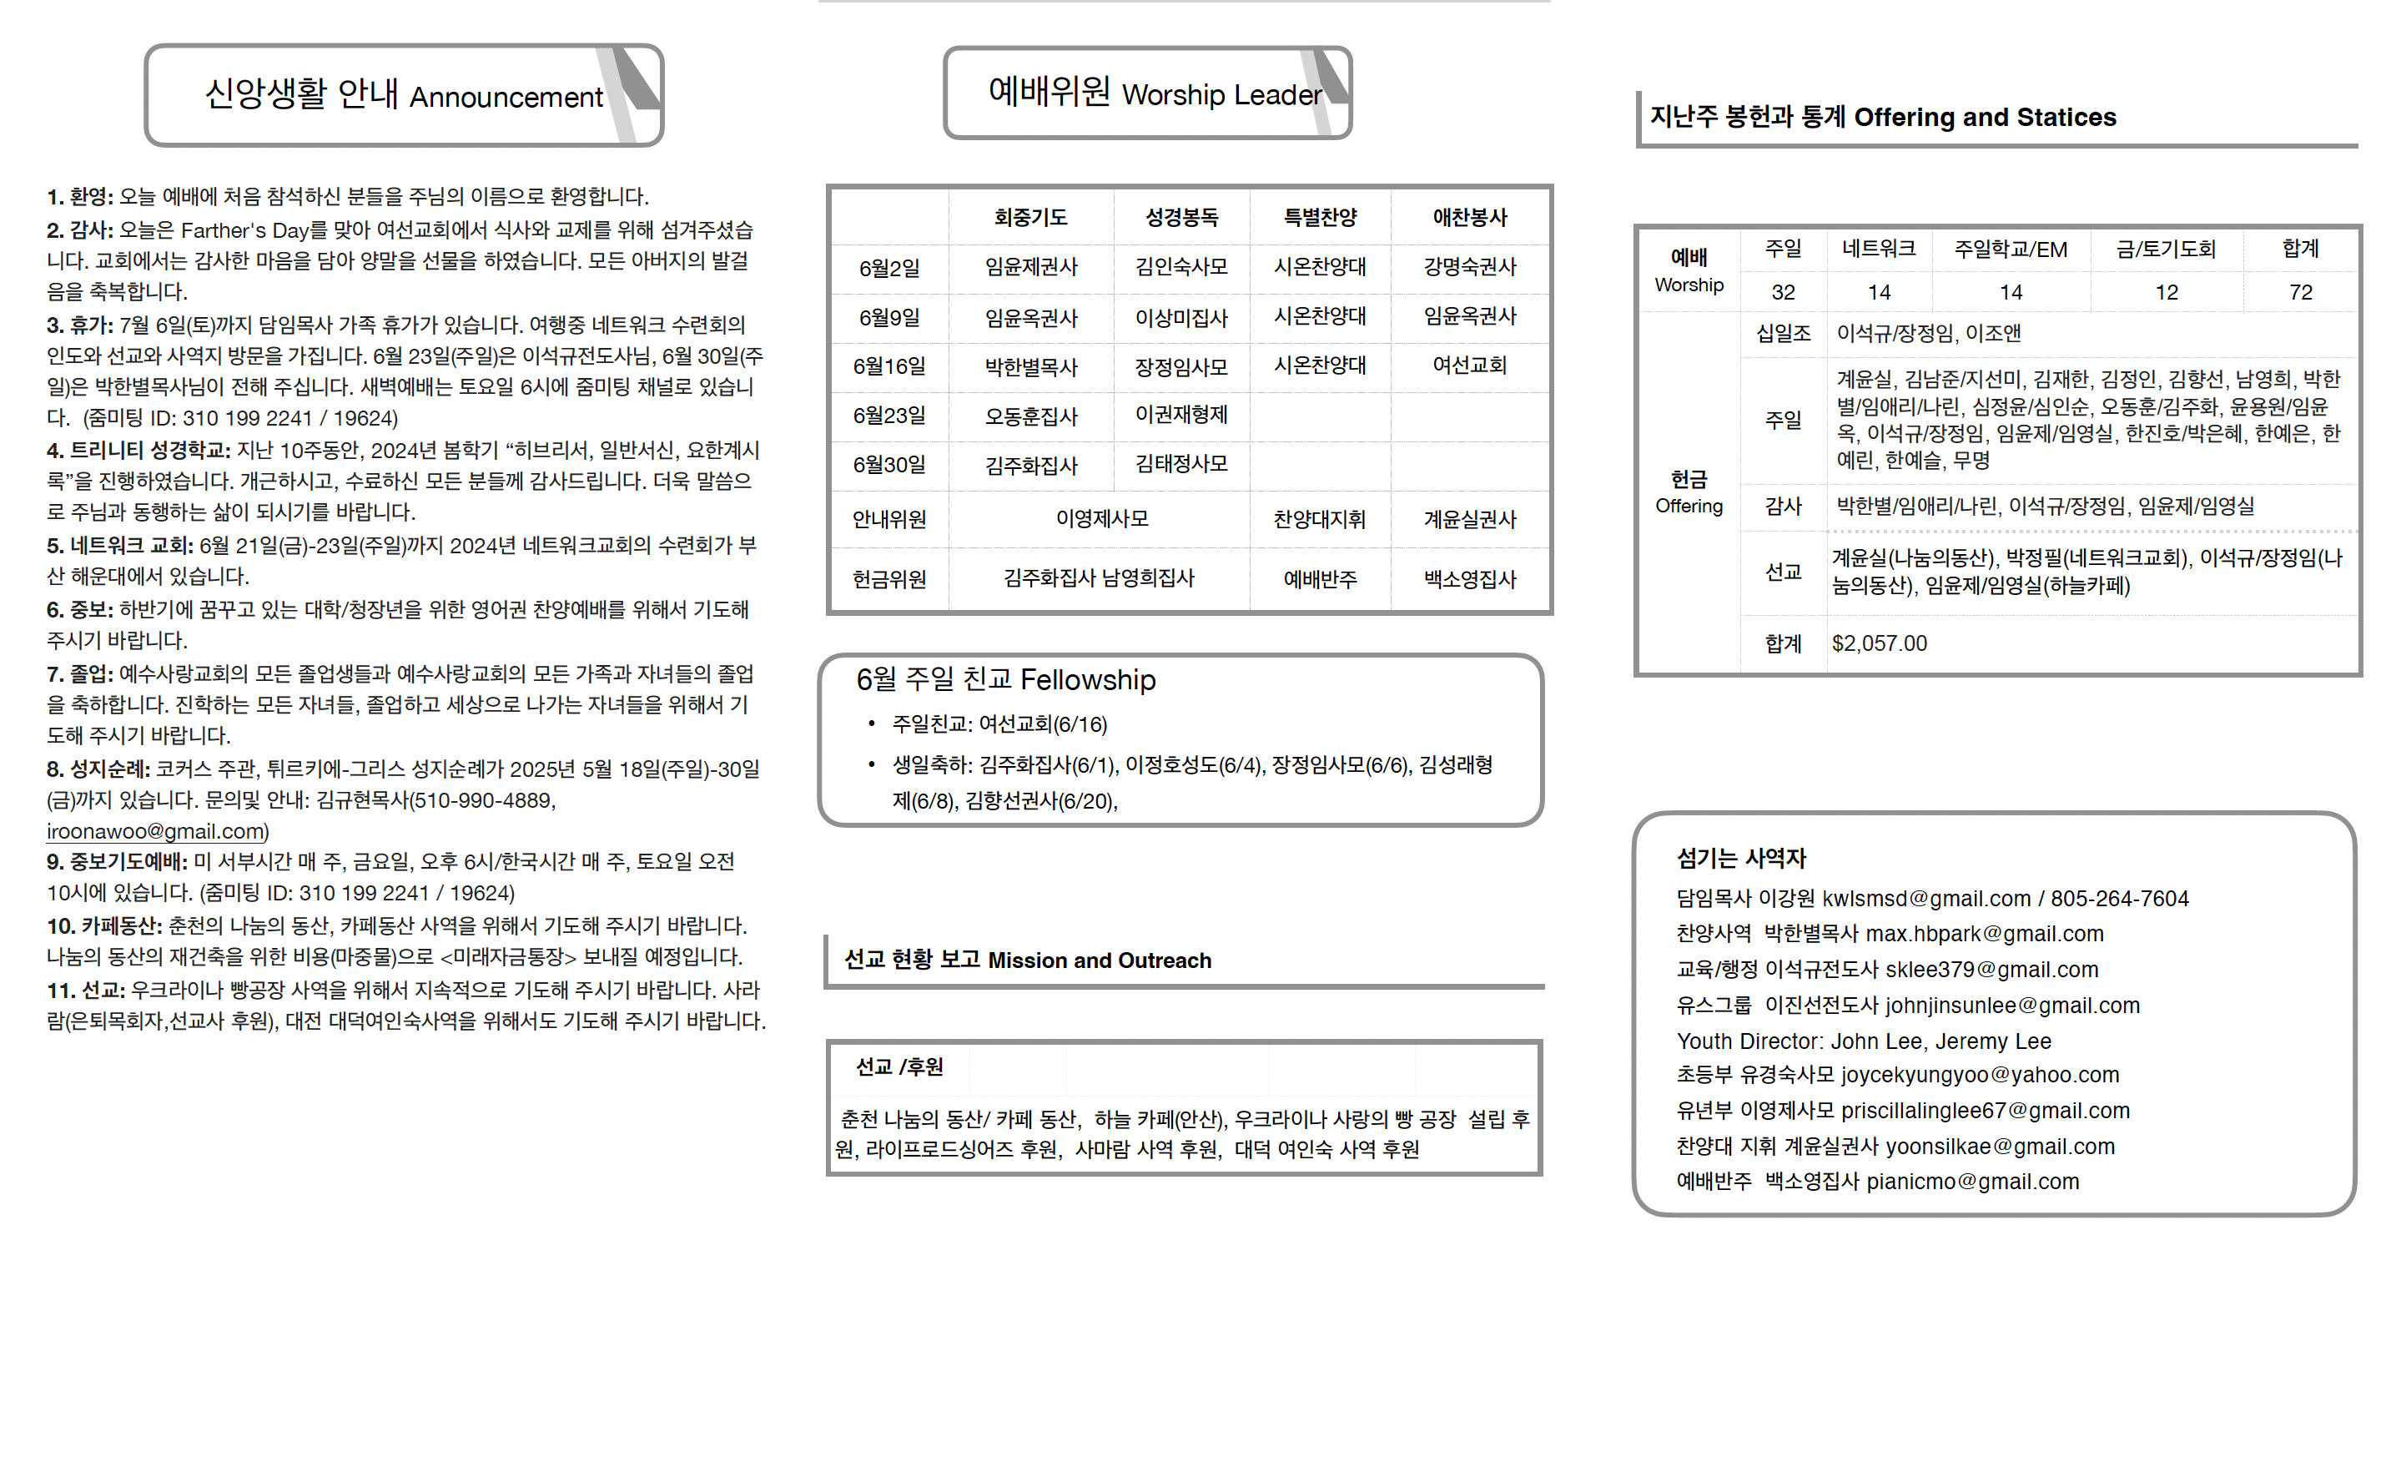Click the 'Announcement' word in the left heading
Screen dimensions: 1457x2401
coord(506,98)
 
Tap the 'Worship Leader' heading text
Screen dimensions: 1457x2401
coord(1222,94)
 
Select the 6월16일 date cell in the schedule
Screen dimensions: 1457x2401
coord(888,366)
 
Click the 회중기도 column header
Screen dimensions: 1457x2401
coord(1030,217)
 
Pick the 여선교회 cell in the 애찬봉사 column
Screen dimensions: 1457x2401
coord(1469,366)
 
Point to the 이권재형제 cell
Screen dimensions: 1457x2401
coord(1181,416)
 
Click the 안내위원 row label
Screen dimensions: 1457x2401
coord(888,519)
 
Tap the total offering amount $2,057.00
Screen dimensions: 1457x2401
coord(1879,643)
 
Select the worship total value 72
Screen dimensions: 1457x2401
coord(2301,292)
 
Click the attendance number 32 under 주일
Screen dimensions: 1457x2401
coord(1783,292)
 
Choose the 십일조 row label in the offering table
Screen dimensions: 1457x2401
coord(1783,333)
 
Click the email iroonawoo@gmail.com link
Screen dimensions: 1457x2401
coord(156,831)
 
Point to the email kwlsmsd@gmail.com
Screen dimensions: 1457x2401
coord(1926,899)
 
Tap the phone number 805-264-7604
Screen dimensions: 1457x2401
coord(2119,899)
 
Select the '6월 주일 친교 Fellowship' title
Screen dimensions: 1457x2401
coord(1005,679)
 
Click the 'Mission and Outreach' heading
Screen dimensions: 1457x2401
coord(1100,961)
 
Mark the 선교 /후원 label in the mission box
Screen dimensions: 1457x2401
coord(898,1067)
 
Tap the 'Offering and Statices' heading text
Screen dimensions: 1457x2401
coord(1984,118)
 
